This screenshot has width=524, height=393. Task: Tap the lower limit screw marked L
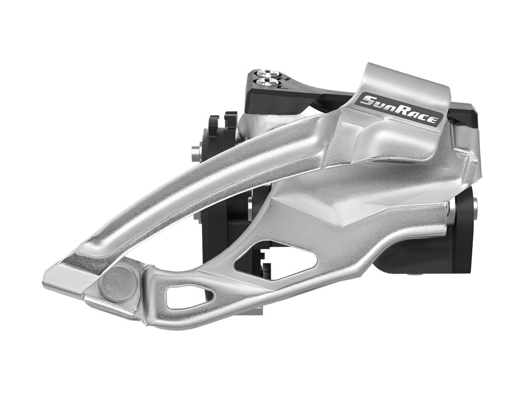(268, 82)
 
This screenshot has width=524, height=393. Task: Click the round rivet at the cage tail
(118, 282)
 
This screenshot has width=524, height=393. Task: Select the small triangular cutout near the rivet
(189, 297)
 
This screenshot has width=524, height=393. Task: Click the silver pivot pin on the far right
(474, 206)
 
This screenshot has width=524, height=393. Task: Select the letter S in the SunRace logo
(367, 100)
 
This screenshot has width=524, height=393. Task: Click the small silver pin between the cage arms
(251, 207)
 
